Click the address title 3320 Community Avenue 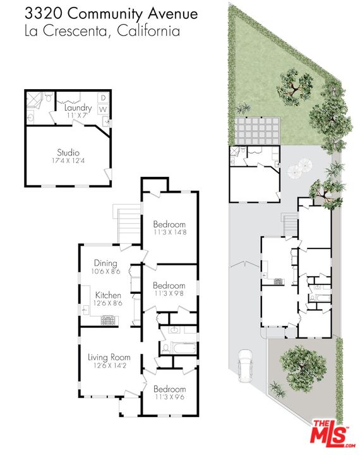pyautogui.click(x=111, y=14)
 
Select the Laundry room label pyautogui.click(x=78, y=108)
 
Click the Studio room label pyautogui.click(x=69, y=152)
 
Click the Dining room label pyautogui.click(x=105, y=263)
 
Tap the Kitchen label pyautogui.click(x=108, y=295)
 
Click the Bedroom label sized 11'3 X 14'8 pyautogui.click(x=169, y=224)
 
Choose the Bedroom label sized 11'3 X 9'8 pyautogui.click(x=169, y=286)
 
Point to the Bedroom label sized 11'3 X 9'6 pyautogui.click(x=169, y=389)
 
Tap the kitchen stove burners pyautogui.click(x=109, y=321)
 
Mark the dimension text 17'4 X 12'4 pyautogui.click(x=69, y=162)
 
